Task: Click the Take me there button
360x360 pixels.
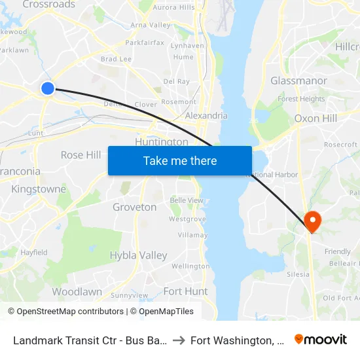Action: click(x=180, y=160)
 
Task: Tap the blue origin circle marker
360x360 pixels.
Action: click(x=47, y=88)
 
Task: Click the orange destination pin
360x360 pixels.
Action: click(x=313, y=221)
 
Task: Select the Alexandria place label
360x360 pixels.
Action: click(x=206, y=116)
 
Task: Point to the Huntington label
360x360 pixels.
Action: click(x=161, y=142)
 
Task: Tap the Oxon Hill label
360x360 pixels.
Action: click(x=315, y=118)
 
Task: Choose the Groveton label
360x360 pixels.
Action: click(x=135, y=207)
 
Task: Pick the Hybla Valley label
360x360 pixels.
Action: click(x=138, y=255)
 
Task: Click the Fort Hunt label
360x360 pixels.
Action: click(x=185, y=291)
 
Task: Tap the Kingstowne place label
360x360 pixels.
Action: click(x=39, y=189)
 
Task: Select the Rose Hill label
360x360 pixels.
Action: click(x=81, y=155)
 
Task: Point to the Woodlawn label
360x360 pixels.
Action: click(x=77, y=291)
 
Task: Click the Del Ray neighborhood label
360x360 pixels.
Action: click(x=176, y=81)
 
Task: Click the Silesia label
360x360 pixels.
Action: click(x=298, y=274)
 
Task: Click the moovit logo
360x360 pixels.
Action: click(x=321, y=339)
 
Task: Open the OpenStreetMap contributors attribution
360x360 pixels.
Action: click(x=65, y=312)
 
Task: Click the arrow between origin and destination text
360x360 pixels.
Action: click(x=178, y=340)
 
